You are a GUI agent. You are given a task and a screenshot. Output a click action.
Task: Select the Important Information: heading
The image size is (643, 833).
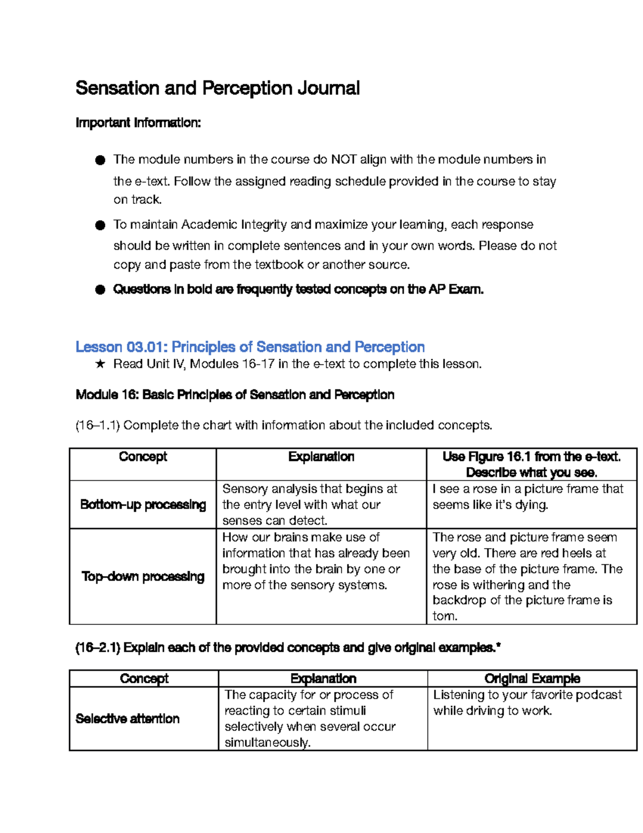point(138,123)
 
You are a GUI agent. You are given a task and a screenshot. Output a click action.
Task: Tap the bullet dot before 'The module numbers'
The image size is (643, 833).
point(100,160)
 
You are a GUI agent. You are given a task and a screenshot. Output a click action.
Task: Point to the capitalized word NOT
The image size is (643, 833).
point(343,159)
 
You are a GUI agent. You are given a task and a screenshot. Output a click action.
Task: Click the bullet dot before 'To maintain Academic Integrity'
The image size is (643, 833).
point(100,225)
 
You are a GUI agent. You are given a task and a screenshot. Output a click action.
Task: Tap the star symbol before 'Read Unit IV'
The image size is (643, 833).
point(100,364)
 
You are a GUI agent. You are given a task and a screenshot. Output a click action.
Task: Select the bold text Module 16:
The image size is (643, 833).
point(107,395)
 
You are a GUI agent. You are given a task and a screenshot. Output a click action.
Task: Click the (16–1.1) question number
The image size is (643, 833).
point(98,425)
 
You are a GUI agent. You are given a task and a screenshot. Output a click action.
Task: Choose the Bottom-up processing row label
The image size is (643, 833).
point(143,505)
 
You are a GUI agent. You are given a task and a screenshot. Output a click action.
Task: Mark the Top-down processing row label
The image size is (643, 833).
point(143,577)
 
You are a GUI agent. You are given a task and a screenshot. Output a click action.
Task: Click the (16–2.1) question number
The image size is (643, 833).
point(98,648)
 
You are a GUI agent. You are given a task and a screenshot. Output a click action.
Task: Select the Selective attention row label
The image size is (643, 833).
point(128,719)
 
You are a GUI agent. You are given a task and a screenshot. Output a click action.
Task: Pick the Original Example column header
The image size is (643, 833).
point(532,679)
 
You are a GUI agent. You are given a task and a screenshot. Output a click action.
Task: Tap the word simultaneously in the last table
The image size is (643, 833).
point(267,743)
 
